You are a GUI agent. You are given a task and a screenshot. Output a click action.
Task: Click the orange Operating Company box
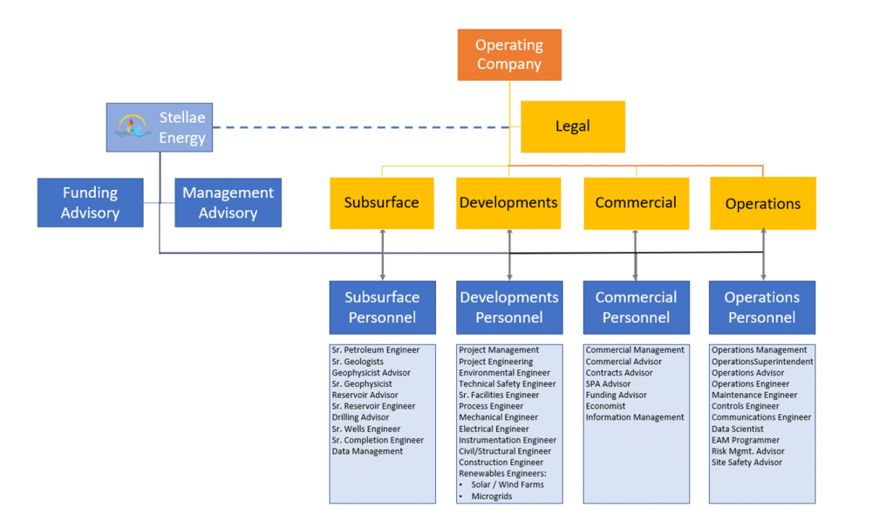pos(509,55)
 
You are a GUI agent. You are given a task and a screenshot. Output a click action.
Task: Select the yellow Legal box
pos(572,126)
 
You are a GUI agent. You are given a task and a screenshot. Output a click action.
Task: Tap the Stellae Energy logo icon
pos(133,127)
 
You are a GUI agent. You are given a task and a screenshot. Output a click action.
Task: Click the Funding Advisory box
pos(90,202)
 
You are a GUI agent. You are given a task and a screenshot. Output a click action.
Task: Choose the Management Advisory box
pos(228,202)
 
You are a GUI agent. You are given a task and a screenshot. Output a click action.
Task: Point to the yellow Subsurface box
pos(381,203)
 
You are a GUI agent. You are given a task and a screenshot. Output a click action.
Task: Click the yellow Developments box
pos(508,203)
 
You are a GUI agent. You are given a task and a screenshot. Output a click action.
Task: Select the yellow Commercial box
pos(636,203)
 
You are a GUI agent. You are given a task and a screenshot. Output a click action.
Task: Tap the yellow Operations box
pos(763,204)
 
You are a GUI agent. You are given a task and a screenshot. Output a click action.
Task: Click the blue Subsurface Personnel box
pos(382,308)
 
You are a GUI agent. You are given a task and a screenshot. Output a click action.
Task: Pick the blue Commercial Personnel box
pos(636,308)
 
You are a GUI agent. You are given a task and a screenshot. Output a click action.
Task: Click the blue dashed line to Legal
pos(366,127)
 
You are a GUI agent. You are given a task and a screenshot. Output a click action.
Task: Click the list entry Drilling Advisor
pos(360,417)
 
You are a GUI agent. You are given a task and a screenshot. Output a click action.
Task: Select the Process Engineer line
pos(491,406)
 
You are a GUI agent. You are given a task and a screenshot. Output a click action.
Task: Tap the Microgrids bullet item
pos(493,496)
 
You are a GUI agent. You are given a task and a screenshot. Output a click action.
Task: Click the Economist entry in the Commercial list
pos(605,406)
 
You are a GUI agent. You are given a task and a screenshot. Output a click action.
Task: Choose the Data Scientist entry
pos(737,429)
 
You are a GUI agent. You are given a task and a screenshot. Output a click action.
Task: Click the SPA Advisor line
pos(608,383)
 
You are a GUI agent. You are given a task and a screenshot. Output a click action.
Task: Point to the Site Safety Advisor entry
pos(746,463)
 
